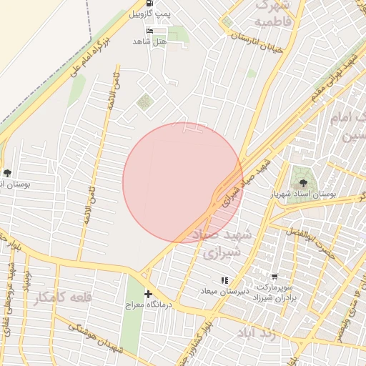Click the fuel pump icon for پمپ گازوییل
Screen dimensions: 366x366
149,4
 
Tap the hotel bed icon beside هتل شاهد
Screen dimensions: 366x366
149,31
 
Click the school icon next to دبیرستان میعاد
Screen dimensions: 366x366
224,280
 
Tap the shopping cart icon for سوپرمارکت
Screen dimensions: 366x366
274,275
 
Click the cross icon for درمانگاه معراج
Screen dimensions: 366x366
148,294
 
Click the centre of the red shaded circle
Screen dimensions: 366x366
183,182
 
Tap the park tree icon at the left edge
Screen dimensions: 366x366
7,172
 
